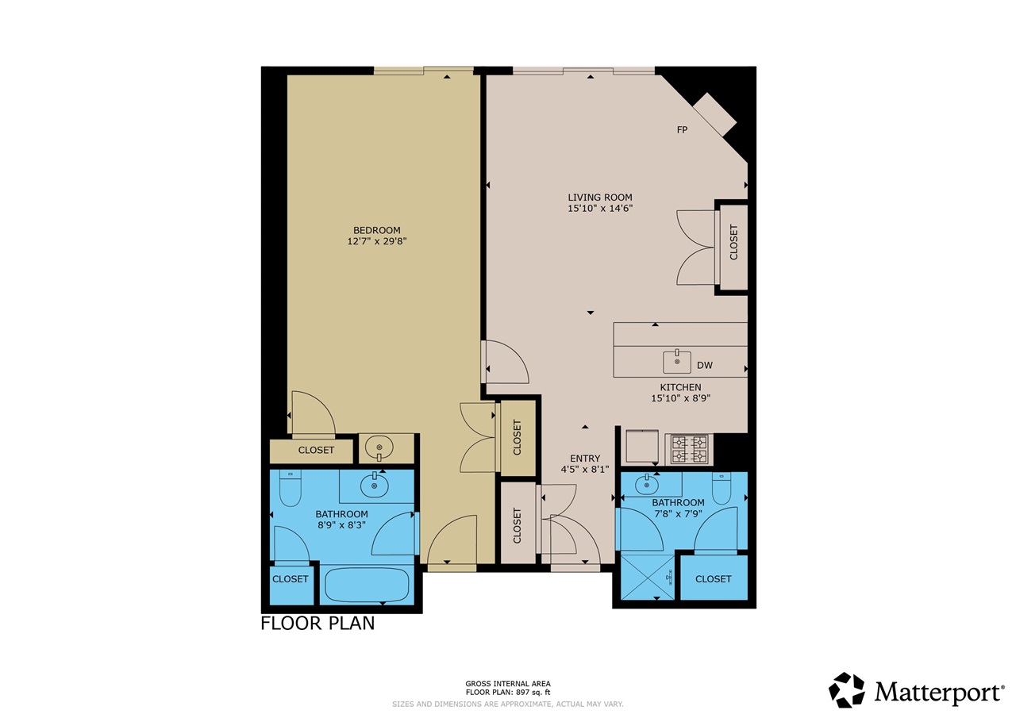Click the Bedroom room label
tap(376, 230)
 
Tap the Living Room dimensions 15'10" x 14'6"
tap(600, 209)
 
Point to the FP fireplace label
tap(682, 130)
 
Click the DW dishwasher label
tap(704, 365)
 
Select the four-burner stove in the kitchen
tap(689, 449)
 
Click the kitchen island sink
tap(677, 361)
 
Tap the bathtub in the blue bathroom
tap(368, 585)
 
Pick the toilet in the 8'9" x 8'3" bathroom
tap(291, 488)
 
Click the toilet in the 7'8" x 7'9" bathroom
tap(722, 488)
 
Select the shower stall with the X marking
tap(648, 577)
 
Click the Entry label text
tap(585, 459)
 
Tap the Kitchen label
tap(680, 387)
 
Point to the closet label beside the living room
tap(733, 242)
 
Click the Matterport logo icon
tap(846, 690)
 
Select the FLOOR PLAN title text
tap(317, 624)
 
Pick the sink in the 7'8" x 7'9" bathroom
tap(647, 486)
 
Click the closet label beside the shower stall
tap(713, 579)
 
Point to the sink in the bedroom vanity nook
tap(379, 448)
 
